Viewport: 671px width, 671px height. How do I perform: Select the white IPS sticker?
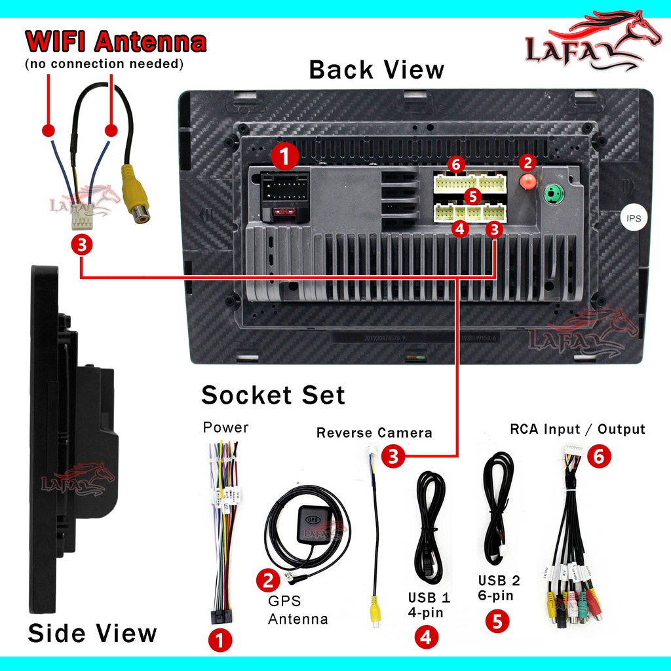[x=634, y=218]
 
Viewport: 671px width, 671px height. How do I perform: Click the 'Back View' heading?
[x=376, y=69]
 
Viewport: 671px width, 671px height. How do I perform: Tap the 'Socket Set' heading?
[x=273, y=395]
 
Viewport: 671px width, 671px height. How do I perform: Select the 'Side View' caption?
[x=92, y=633]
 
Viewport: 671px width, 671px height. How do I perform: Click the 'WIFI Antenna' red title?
[x=115, y=42]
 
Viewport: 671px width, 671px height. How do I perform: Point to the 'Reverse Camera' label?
[x=374, y=432]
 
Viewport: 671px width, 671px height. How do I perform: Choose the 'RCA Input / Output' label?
[x=577, y=429]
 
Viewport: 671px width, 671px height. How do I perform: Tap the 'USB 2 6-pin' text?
[x=499, y=588]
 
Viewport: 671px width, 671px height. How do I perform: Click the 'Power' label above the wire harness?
[x=225, y=428]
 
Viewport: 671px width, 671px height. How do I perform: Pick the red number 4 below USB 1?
[x=426, y=637]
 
